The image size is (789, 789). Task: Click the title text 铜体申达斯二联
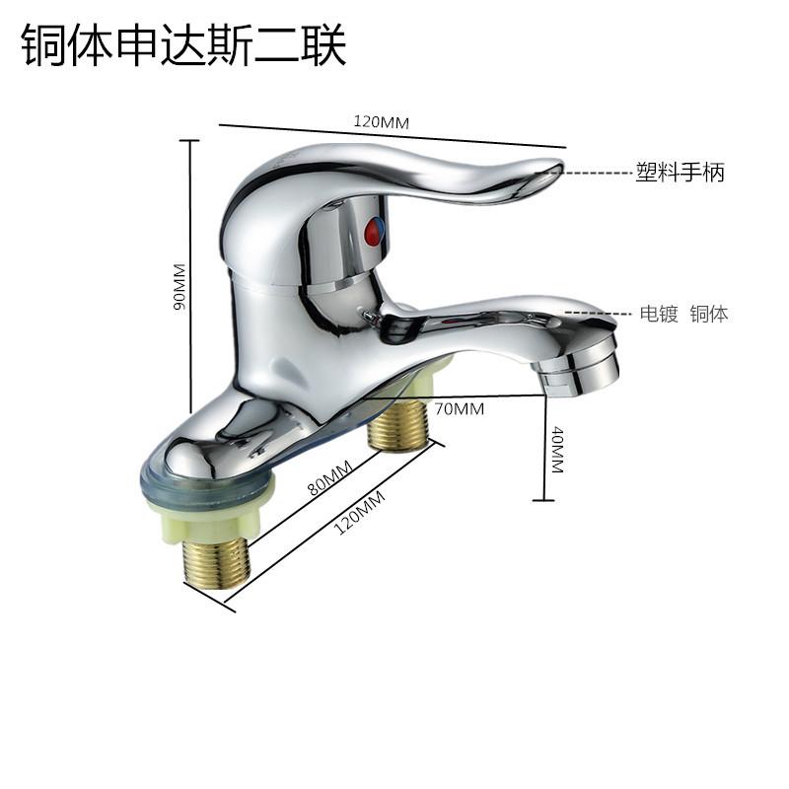184,46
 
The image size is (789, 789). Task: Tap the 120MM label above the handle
381,121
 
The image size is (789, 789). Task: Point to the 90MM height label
179,286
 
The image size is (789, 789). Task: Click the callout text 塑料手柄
680,172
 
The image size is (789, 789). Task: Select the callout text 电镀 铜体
683,315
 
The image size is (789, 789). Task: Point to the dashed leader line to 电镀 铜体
602,315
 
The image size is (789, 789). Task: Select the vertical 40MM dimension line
544,444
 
